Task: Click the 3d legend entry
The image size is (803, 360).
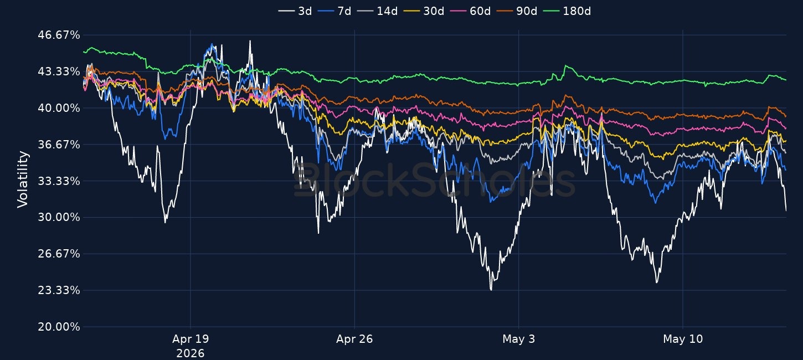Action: pos(295,11)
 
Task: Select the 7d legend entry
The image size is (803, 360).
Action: pos(334,11)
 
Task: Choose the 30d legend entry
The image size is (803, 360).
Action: pos(424,11)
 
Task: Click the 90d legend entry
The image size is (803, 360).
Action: pos(517,11)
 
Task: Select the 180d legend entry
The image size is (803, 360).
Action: pos(567,11)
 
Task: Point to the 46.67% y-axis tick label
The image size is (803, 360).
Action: pos(59,35)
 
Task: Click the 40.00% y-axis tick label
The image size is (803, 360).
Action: pos(59,108)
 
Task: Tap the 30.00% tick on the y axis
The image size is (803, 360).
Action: pos(59,217)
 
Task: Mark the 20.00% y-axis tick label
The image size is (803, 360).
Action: pos(59,327)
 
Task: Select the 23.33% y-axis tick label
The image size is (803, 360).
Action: pos(59,290)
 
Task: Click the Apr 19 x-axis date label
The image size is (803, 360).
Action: pos(191,339)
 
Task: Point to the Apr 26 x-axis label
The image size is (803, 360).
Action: pos(354,339)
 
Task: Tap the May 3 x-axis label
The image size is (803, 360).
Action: pos(519,339)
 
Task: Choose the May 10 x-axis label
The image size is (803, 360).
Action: pos(683,339)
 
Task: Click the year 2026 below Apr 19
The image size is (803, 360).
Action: pos(191,353)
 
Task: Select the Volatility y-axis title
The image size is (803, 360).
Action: pos(23,179)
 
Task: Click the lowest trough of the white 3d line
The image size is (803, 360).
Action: pos(491,289)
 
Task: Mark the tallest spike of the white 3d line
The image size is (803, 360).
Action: pos(250,41)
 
